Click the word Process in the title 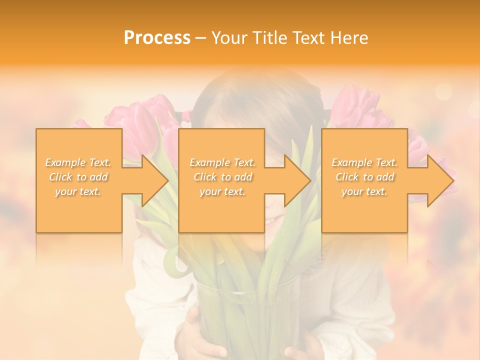coord(157,38)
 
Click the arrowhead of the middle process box coord(297,180)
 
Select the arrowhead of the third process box coord(440,180)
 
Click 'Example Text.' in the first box coord(78,162)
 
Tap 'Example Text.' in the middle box coord(222,162)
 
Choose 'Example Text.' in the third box coord(364,162)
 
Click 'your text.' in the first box coord(78,191)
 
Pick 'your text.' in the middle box coord(222,191)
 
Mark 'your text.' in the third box coord(364,191)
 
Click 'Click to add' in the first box coord(78,177)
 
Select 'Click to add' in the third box coord(364,177)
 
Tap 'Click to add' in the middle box coord(222,177)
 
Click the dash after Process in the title coord(200,38)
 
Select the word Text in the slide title coord(308,38)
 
